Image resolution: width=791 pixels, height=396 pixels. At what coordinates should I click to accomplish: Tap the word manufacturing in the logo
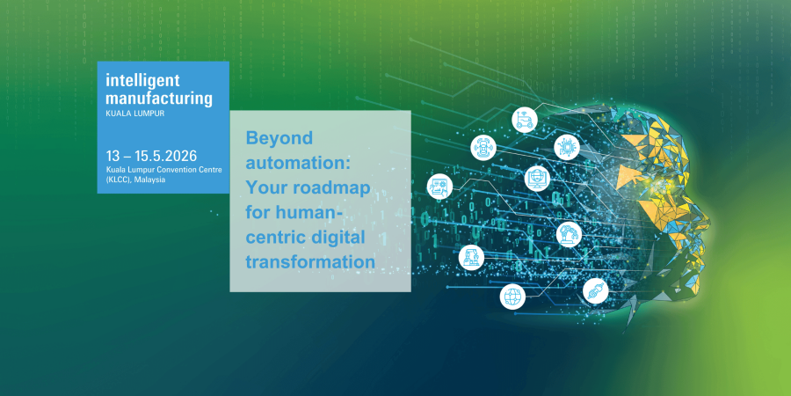click(x=159, y=98)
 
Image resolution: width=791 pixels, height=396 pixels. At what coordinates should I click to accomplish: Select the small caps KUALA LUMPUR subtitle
click(x=135, y=114)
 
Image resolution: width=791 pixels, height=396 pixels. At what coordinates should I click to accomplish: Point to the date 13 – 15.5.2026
click(x=151, y=155)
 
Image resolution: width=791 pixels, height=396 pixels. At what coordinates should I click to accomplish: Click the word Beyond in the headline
click(x=279, y=138)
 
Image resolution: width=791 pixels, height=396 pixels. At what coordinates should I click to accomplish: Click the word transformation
click(x=310, y=262)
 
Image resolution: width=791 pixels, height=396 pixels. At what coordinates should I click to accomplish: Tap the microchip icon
click(x=567, y=148)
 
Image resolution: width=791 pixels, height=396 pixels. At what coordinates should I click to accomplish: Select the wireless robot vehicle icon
click(x=525, y=120)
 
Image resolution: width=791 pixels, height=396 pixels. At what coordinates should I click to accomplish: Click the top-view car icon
click(x=483, y=148)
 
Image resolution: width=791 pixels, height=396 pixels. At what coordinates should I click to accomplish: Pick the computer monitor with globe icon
click(x=537, y=179)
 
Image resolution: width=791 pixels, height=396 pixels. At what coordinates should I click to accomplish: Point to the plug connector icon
click(x=595, y=291)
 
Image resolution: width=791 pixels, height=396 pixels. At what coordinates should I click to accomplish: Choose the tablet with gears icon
click(x=439, y=187)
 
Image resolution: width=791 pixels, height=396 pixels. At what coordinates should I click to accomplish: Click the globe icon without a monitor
click(x=512, y=297)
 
